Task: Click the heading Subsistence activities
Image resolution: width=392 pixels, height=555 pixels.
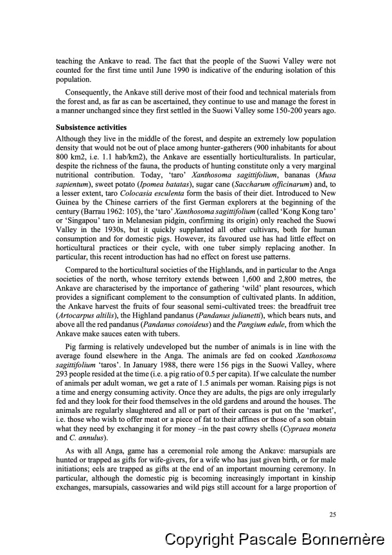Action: pyautogui.click(x=91, y=127)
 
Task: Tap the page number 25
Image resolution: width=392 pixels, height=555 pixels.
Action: pyautogui.click(x=332, y=513)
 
